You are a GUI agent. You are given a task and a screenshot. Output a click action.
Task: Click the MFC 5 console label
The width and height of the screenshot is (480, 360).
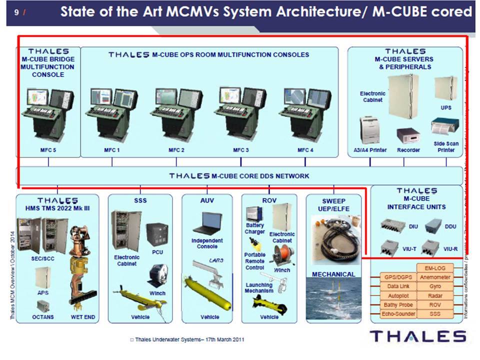(x=48, y=150)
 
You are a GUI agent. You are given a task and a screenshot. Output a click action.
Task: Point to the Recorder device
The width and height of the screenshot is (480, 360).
(x=408, y=135)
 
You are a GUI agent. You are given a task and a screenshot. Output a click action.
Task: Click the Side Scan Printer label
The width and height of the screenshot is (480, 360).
(x=446, y=146)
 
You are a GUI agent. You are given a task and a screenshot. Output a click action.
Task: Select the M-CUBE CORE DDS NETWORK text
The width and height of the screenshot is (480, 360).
(x=239, y=176)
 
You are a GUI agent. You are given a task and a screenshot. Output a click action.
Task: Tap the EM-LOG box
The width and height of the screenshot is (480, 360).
(x=434, y=268)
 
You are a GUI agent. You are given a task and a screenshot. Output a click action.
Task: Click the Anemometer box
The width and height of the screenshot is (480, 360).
(x=434, y=277)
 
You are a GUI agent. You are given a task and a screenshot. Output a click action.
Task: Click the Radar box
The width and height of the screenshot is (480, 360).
(x=434, y=296)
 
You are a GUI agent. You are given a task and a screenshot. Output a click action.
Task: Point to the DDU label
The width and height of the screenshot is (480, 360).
(x=450, y=226)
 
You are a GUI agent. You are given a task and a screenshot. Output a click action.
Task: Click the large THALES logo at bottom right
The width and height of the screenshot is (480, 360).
(x=417, y=336)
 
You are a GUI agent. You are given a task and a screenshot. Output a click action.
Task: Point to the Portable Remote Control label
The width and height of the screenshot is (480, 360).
(x=255, y=261)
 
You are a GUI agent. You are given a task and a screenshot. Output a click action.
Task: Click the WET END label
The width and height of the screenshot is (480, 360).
(x=83, y=317)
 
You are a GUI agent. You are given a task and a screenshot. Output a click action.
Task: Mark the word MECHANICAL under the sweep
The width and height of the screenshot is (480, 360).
(x=333, y=274)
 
